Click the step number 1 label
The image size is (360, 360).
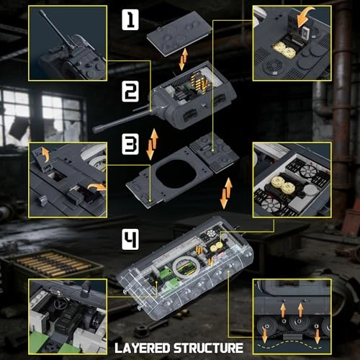tap(130, 19)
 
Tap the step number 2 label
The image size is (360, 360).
tap(130, 91)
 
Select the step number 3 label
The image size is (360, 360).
tap(130, 144)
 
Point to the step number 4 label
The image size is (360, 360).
tap(130, 239)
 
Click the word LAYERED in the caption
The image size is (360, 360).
tap(143, 348)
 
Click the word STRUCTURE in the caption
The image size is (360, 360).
tap(208, 348)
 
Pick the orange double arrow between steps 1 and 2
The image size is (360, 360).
tap(184, 59)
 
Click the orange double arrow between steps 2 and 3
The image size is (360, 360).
tap(152, 145)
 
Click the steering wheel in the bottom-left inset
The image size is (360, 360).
tap(60, 305)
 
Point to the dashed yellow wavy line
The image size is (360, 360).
tap(289, 343)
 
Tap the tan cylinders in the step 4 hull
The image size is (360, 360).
tap(217, 246)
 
